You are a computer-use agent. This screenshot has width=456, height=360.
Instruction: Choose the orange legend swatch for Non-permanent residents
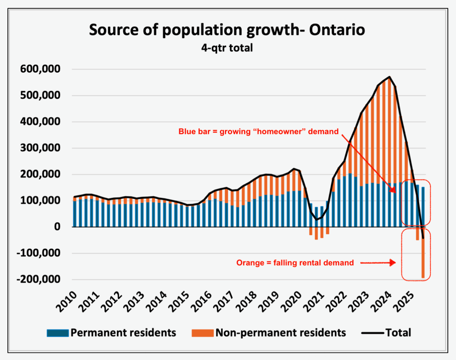pyautogui.click(x=202, y=333)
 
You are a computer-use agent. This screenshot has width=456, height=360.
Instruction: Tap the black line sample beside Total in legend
pyautogui.click(x=372, y=333)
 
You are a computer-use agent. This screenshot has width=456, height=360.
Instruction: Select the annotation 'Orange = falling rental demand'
pyautogui.click(x=295, y=263)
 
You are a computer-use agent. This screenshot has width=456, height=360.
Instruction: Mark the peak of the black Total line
pyautogui.click(x=390, y=77)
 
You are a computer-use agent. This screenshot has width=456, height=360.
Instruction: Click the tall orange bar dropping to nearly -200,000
pyautogui.click(x=423, y=258)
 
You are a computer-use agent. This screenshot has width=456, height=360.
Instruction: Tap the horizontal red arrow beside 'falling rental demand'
pyautogui.click(x=378, y=263)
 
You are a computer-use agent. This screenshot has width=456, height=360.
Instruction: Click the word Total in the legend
pyautogui.click(x=398, y=333)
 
